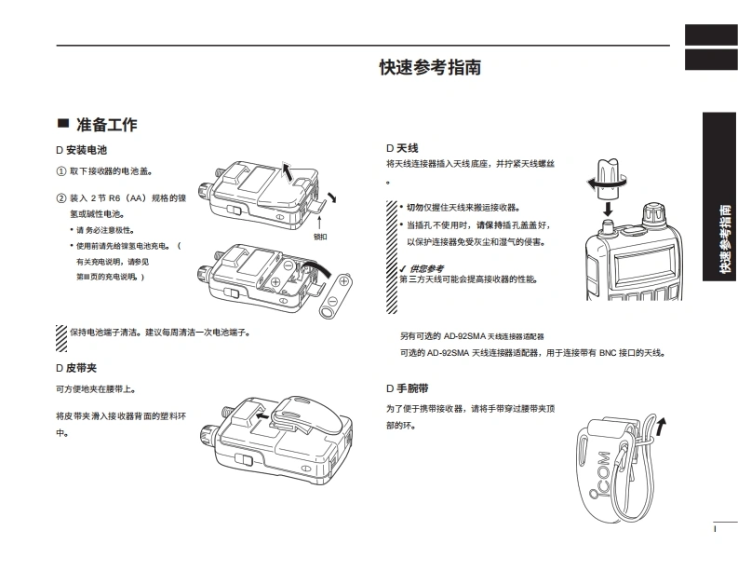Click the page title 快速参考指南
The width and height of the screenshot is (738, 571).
click(x=430, y=68)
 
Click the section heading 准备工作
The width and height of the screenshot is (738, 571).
click(x=107, y=125)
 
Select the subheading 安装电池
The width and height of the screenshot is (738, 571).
click(x=87, y=150)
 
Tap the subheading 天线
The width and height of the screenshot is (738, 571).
click(x=407, y=148)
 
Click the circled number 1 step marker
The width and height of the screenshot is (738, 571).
click(x=61, y=171)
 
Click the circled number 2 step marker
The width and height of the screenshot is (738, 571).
click(x=61, y=198)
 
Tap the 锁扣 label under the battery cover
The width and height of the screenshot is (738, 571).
click(x=320, y=236)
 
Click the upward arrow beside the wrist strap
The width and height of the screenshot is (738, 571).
click(x=661, y=427)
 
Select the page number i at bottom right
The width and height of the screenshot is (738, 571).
click(x=716, y=529)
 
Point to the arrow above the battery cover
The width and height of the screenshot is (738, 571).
click(x=288, y=169)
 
